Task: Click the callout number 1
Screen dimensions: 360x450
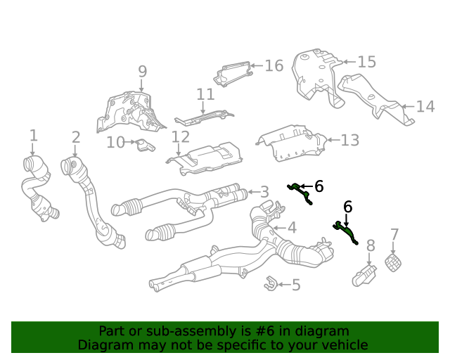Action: tap(33, 136)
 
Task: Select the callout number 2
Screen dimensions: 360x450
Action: tap(75, 138)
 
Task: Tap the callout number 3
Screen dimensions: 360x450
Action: tap(264, 192)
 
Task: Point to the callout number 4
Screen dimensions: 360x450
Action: tap(292, 227)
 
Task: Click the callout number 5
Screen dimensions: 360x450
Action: tap(295, 285)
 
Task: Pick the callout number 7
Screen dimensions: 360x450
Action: tap(394, 235)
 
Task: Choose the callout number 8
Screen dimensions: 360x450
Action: tap(371, 245)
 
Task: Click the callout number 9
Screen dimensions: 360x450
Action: tap(142, 72)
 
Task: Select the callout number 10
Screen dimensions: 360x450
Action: tap(115, 143)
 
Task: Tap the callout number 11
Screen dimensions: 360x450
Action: tap(205, 94)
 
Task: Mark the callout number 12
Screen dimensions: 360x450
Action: tap(181, 136)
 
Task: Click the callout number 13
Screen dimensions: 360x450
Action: tap(349, 140)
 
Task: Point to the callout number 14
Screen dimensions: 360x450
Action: tap(425, 107)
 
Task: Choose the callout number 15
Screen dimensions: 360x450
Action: tap(366, 63)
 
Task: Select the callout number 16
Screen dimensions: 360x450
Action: tap(274, 66)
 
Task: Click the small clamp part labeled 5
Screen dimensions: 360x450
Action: tap(269, 284)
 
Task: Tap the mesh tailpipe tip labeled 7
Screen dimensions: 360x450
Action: tap(394, 264)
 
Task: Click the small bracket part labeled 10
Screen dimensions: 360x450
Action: tap(144, 146)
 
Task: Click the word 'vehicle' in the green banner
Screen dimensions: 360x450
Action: tap(342, 345)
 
